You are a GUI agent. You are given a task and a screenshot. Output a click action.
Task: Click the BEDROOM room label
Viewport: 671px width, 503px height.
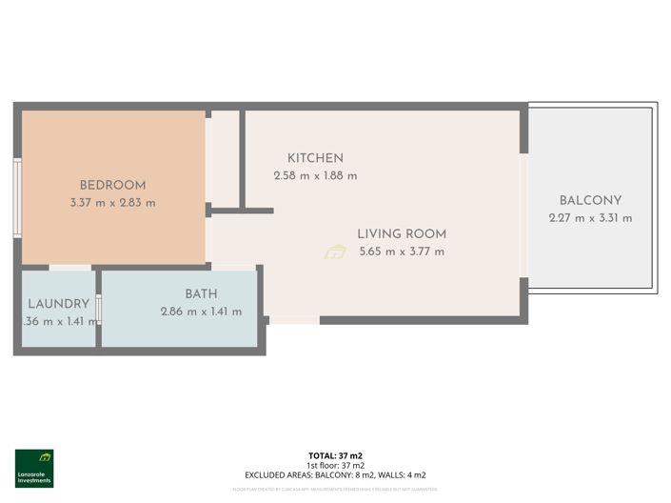112,185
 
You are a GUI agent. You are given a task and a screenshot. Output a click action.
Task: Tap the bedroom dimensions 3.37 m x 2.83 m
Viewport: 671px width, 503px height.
112,202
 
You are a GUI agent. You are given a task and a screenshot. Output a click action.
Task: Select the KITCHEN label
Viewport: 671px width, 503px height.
315,158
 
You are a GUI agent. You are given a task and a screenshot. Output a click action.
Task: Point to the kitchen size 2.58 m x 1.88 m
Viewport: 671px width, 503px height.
315,175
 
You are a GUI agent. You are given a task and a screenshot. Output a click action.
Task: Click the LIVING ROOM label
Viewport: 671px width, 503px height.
402,234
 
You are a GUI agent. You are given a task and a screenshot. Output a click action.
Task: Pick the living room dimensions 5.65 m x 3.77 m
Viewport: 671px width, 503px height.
402,251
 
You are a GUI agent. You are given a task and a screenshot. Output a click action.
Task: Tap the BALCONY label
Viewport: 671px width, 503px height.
590,201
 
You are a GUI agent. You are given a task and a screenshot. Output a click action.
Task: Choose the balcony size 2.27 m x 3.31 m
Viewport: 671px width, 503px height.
590,218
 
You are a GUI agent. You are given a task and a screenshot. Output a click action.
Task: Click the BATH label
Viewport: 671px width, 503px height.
201,294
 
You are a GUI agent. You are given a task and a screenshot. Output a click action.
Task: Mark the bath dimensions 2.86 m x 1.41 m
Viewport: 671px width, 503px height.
201,312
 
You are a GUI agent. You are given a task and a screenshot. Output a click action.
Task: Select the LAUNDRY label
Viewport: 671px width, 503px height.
58,304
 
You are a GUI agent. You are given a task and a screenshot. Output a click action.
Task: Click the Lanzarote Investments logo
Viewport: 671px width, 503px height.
34,468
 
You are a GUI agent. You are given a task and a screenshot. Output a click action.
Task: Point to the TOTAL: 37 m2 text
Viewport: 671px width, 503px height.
335,456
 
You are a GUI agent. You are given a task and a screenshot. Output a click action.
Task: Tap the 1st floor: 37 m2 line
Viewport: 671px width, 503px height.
335,465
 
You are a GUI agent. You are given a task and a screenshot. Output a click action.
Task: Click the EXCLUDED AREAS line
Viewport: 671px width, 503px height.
335,474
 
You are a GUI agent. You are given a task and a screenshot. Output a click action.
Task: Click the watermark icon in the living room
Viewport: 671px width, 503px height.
335,251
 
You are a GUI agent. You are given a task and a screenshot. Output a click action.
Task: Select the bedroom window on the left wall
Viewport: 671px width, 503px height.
17,197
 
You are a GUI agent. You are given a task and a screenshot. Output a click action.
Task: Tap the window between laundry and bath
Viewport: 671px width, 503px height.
98,312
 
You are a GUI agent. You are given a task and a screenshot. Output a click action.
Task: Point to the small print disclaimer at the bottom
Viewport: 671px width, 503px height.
335,490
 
